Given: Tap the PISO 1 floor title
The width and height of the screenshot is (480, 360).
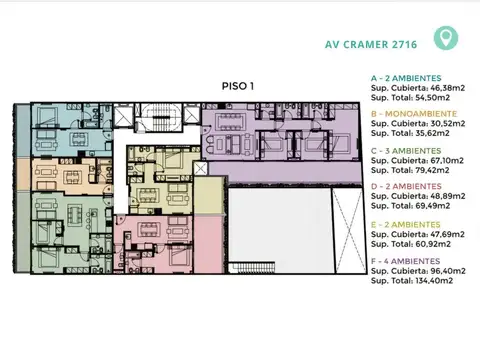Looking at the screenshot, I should pos(238,87).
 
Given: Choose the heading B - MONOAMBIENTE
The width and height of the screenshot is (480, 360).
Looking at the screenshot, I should pos(414,115).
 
